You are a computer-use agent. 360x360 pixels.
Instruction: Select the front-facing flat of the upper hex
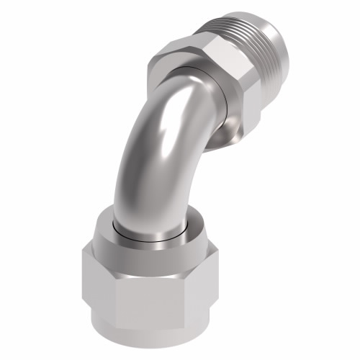[x=241, y=90]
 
